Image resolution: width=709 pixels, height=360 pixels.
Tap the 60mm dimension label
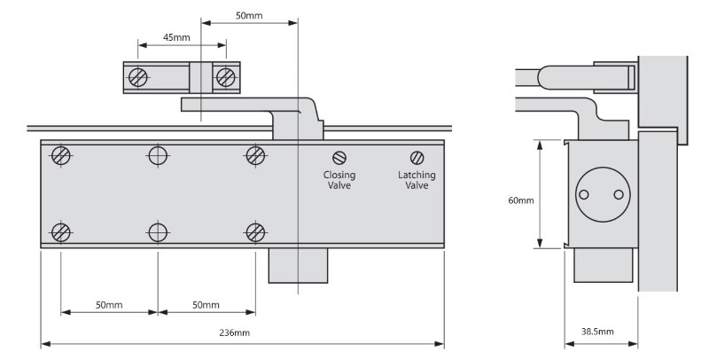pos(520,201)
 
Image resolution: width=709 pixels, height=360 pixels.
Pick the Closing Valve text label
pos(339,181)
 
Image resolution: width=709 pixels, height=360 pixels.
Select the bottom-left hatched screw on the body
pos(61,232)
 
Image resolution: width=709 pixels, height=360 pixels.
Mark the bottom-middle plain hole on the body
pos(159,232)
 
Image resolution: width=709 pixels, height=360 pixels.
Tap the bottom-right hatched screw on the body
pos(255,232)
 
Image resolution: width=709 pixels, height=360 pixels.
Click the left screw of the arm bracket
pos(138,76)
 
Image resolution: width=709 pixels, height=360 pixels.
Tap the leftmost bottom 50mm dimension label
pos(109,305)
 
